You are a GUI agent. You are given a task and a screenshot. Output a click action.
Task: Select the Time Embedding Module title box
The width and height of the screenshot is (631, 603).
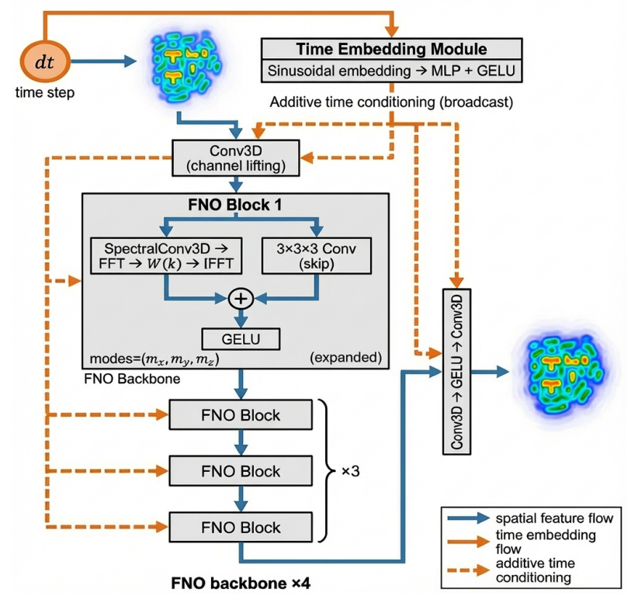(x=391, y=49)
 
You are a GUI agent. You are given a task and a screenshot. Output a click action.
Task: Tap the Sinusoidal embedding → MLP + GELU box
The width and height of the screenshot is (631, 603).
(x=391, y=71)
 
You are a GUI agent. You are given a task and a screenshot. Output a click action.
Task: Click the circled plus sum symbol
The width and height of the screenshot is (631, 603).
(x=241, y=299)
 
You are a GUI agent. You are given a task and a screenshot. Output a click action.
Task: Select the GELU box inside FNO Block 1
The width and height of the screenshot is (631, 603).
(x=241, y=339)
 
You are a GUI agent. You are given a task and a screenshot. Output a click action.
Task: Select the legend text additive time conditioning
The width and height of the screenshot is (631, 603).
(x=536, y=571)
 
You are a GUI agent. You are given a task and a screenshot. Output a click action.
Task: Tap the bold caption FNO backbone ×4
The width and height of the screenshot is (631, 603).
(x=235, y=581)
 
